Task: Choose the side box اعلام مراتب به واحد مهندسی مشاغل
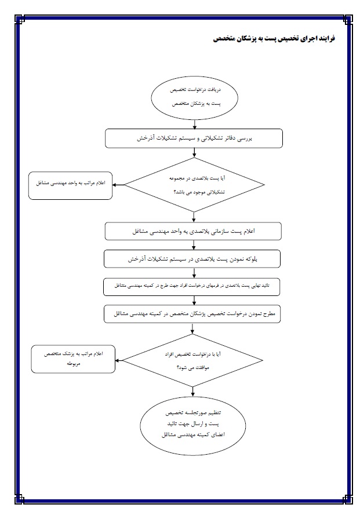click(x=70, y=184)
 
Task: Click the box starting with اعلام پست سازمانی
click(x=194, y=231)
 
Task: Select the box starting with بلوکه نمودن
click(x=194, y=259)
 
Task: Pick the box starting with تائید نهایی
click(x=194, y=286)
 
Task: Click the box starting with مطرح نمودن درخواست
click(x=194, y=314)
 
